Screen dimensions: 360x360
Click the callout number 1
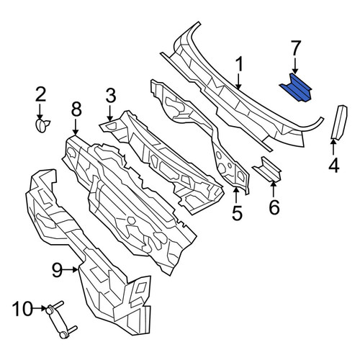coord(239,64)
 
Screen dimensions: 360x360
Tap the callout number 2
coord(40,94)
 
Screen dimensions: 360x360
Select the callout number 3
coord(111,96)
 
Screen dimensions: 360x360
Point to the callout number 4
coord(334,166)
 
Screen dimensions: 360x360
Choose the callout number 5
coord(237,212)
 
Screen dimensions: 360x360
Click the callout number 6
coord(274,207)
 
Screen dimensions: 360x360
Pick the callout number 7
coord(295,48)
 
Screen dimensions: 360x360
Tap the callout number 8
coord(76,109)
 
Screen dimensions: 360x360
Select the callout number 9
coord(57,270)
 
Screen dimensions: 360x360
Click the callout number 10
coord(22,308)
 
